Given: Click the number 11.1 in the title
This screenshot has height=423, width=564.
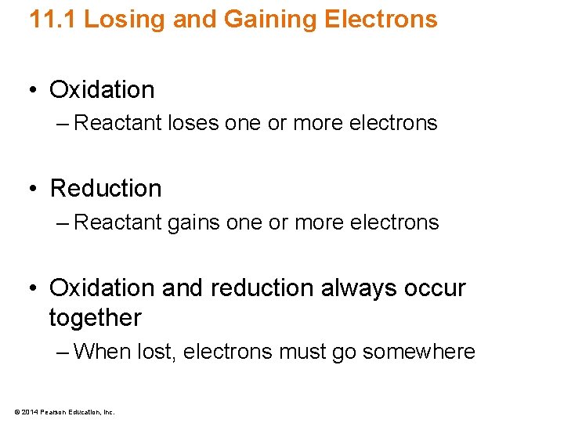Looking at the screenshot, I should pyautogui.click(x=52, y=19).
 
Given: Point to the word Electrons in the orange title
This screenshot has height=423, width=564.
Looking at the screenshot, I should pyautogui.click(x=377, y=19).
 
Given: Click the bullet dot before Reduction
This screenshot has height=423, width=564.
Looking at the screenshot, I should pyautogui.click(x=33, y=189).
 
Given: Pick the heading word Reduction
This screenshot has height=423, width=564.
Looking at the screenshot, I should pyautogui.click(x=105, y=189).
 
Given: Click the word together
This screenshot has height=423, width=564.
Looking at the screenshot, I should pyautogui.click(x=95, y=318).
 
